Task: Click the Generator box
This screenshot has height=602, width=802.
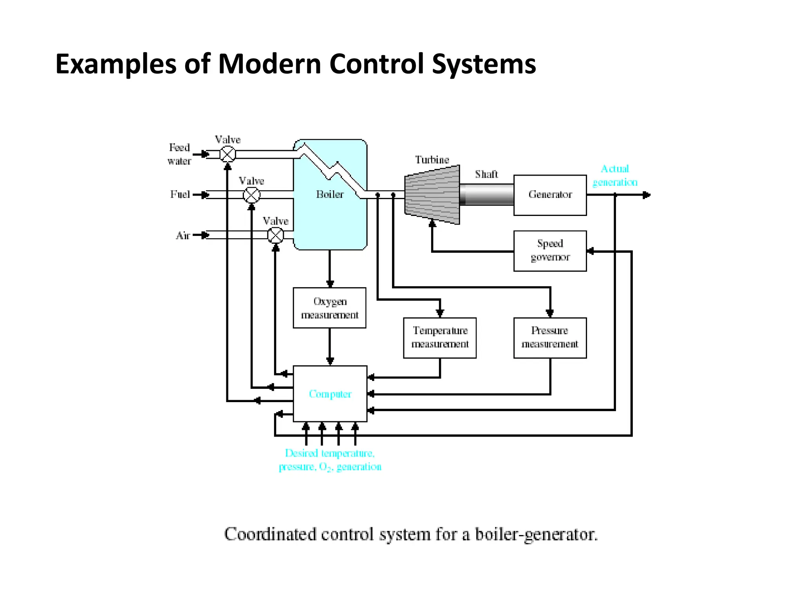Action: [x=550, y=195]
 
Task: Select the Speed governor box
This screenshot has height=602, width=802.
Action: [x=550, y=251]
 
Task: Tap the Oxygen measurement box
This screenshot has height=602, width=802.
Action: [x=329, y=308]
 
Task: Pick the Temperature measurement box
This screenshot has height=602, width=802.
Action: [x=440, y=337]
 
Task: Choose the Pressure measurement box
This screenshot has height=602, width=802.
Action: [x=550, y=337]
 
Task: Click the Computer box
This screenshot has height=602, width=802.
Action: [x=330, y=393]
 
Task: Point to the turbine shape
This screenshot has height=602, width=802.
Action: [x=432, y=195]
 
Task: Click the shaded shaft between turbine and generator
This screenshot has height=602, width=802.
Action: [x=486, y=195]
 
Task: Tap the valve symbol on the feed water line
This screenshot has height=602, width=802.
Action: [x=228, y=154]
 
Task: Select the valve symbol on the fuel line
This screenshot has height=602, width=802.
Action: [x=251, y=195]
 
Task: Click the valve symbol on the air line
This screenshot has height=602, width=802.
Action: [x=275, y=235]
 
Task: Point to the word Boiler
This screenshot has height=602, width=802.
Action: [x=330, y=194]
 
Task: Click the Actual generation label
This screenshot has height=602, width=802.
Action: [x=615, y=176]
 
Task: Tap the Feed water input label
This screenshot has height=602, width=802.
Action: [x=179, y=154]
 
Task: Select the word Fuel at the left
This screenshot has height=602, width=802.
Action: [x=180, y=194]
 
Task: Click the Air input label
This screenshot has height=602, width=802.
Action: [x=183, y=235]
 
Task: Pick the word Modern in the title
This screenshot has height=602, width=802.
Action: [x=269, y=63]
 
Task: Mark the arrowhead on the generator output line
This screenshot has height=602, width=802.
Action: [x=647, y=195]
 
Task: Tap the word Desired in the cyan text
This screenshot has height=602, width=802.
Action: [x=301, y=453]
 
